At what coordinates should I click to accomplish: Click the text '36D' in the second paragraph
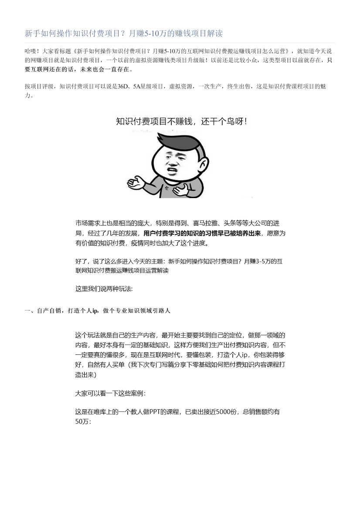click(122, 86)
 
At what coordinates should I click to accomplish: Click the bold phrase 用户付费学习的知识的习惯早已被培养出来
click(203, 233)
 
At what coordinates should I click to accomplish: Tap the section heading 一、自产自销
click(42, 311)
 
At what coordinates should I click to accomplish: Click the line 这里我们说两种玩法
click(104, 289)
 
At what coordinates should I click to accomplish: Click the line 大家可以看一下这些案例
click(110, 393)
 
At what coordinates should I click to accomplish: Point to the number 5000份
click(226, 411)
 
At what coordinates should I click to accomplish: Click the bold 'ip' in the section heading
click(95, 311)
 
